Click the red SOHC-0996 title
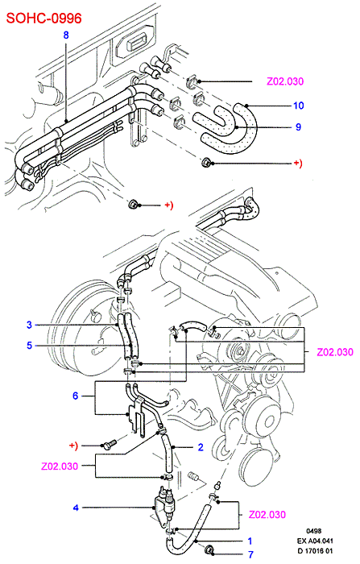44,18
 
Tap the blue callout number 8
66,35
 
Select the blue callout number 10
299,106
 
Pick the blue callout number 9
298,126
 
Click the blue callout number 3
30,325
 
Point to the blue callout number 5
30,346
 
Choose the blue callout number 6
75,396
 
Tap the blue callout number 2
201,447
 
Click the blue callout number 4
76,508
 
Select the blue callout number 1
250,541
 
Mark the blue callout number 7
250,554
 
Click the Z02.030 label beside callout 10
285,81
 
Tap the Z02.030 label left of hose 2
60,467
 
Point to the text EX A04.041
315,541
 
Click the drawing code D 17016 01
315,550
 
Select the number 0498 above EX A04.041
313,531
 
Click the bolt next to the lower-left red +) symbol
109,445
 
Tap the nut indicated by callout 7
209,549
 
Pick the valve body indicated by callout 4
163,504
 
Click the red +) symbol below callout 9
298,163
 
